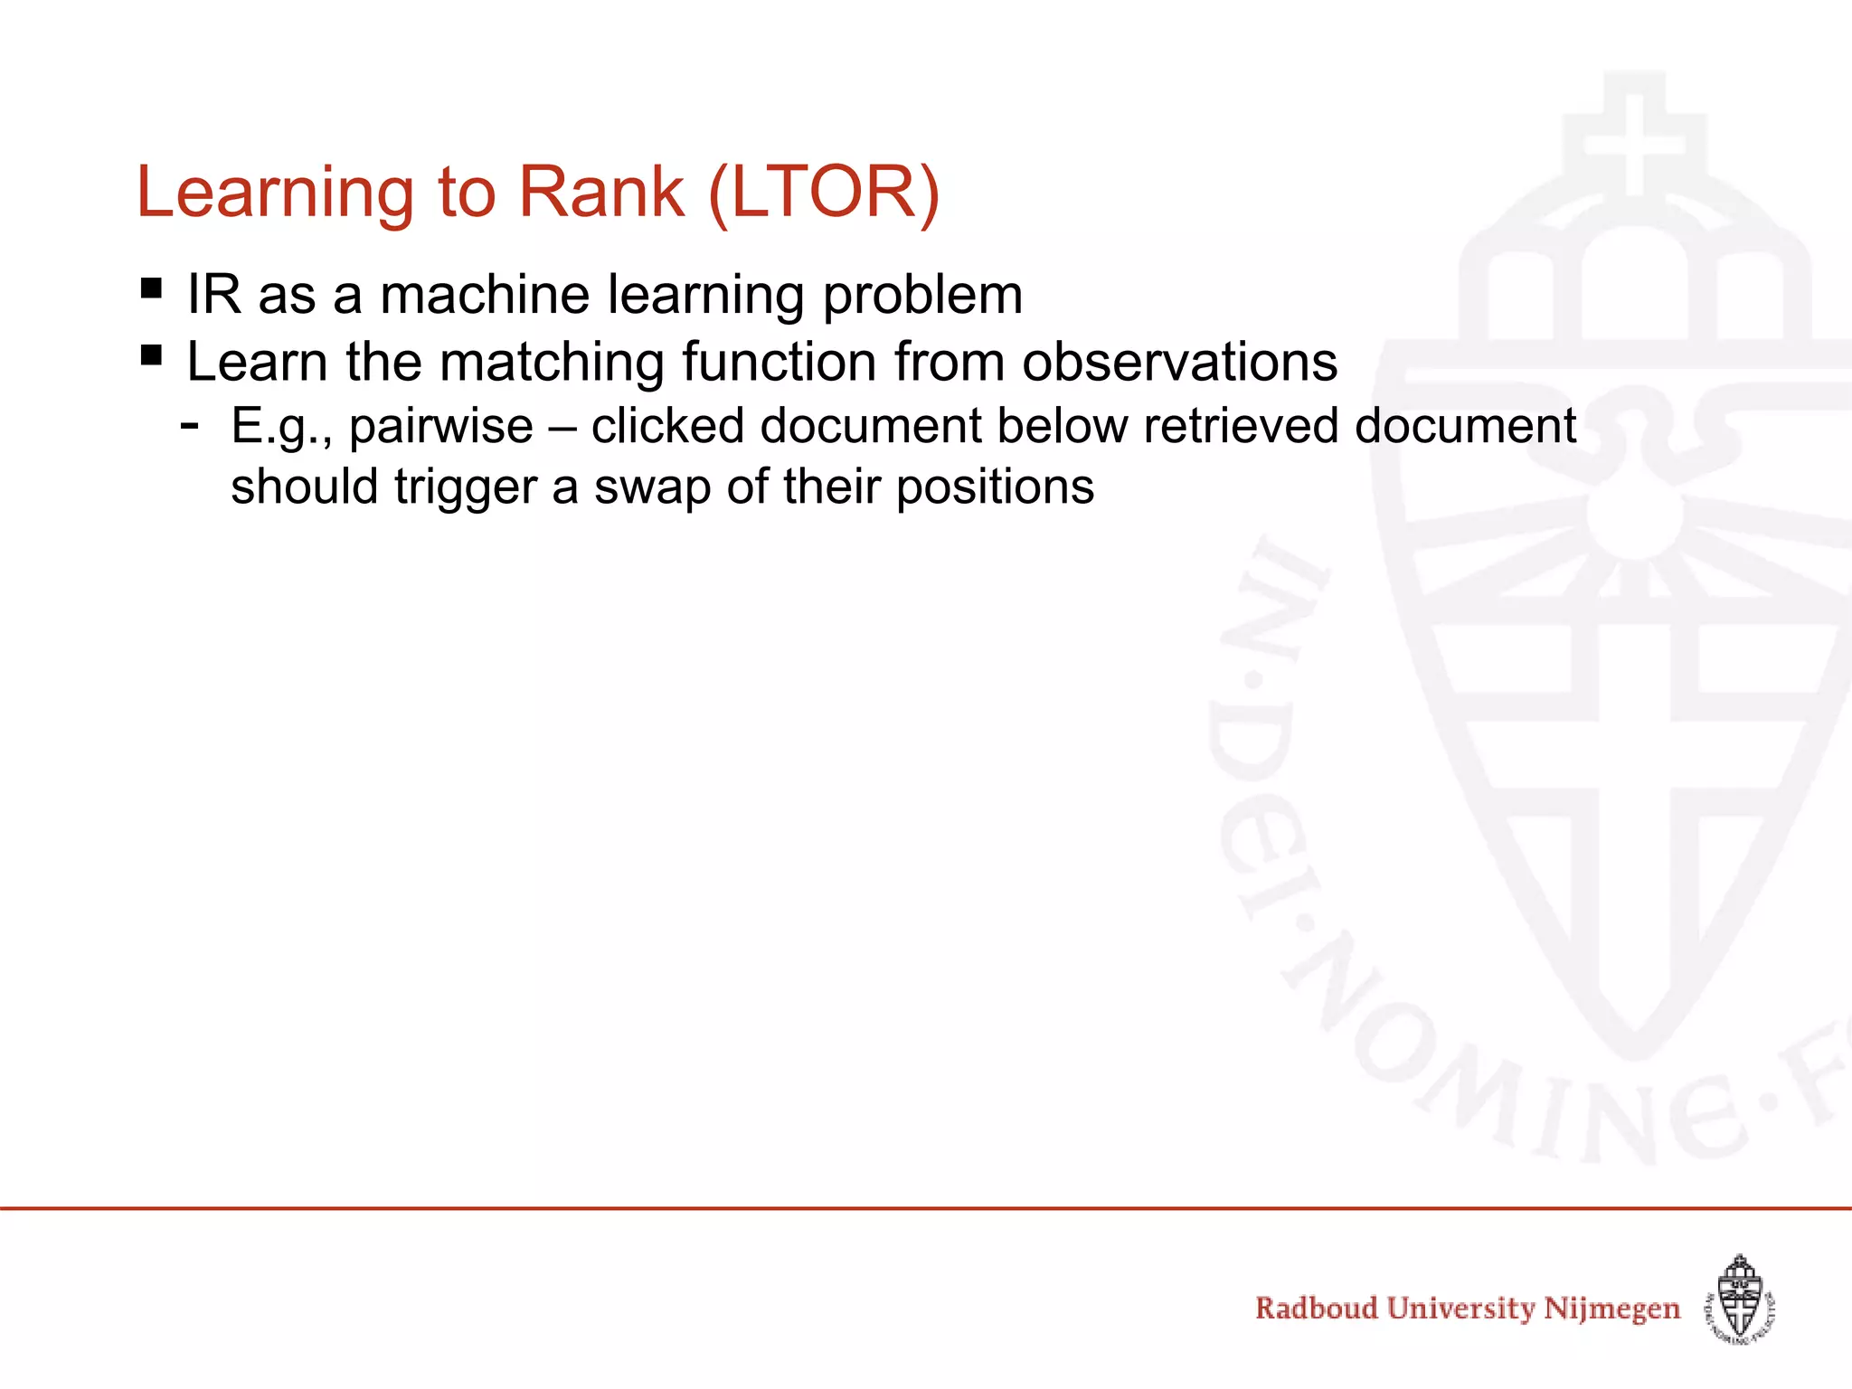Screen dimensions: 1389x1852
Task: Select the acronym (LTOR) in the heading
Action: (x=824, y=193)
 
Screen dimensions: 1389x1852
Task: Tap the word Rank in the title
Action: (x=601, y=193)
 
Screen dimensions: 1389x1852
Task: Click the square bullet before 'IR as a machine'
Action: (x=152, y=289)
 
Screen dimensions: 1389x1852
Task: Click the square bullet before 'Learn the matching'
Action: (x=152, y=355)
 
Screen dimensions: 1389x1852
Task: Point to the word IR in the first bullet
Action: (x=213, y=295)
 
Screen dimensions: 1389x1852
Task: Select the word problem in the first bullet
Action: (x=922, y=297)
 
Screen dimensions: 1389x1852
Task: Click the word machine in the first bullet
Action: (x=485, y=295)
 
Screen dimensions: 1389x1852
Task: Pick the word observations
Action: (x=1179, y=362)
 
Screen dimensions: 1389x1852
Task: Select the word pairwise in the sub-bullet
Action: (x=441, y=427)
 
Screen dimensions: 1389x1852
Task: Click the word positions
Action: (x=995, y=488)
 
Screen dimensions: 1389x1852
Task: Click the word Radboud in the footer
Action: (x=1316, y=1309)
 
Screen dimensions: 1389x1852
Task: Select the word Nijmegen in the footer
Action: (x=1611, y=1309)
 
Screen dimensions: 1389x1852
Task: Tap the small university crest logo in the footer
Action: (x=1740, y=1299)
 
